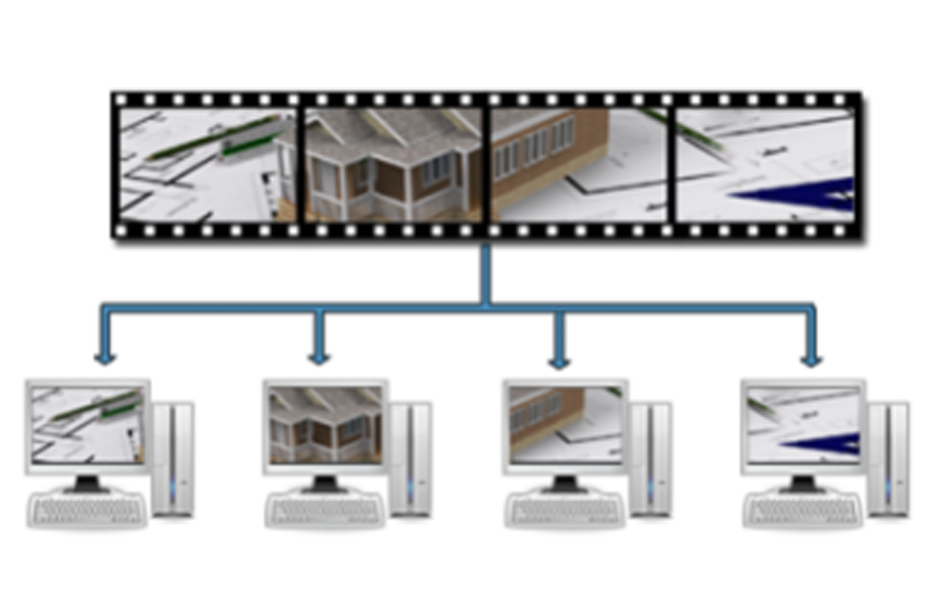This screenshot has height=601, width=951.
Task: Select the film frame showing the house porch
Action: tap(393, 164)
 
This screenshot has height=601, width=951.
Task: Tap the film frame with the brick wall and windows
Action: tap(579, 164)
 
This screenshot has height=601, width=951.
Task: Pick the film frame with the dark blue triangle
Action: tap(763, 164)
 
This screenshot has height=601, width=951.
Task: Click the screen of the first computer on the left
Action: tap(87, 425)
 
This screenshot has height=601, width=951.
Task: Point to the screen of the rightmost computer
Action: tap(803, 424)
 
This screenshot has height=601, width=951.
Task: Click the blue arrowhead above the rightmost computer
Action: tap(810, 360)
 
